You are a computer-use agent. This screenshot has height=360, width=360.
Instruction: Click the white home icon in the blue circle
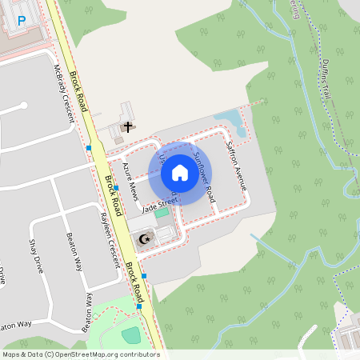pos(179,173)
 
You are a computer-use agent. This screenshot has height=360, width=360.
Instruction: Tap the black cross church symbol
pos(127,126)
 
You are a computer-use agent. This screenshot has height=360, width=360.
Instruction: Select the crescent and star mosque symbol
pos(145,238)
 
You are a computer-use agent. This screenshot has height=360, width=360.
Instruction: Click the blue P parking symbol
pos(22,19)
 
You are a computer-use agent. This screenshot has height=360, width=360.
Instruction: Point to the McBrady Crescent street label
pos(65,93)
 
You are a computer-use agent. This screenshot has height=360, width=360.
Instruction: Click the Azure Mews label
pos(130,183)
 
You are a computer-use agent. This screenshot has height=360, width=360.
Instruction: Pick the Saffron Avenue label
pos(238,166)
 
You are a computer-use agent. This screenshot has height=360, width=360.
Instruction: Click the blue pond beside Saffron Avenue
pos(228,120)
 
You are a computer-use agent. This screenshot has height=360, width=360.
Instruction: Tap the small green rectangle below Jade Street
pos(162,212)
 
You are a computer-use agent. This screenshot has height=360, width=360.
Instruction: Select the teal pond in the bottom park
pos(130,334)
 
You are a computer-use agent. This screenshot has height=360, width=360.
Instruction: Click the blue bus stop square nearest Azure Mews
pos(116,188)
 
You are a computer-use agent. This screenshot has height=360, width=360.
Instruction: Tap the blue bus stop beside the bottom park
pos(139,306)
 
